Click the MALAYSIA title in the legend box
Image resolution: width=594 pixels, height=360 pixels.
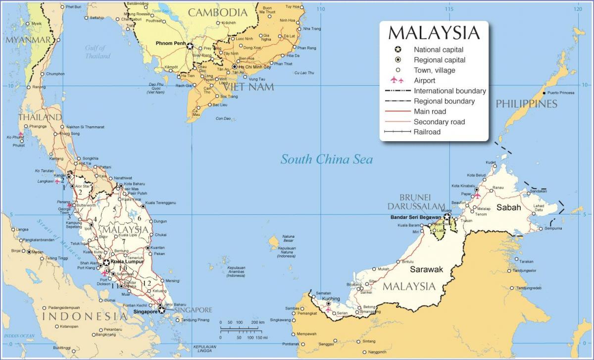(x=434, y=33)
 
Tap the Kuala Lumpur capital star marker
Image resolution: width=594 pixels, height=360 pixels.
(x=106, y=262)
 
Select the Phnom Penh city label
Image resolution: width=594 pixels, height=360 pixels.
(x=170, y=44)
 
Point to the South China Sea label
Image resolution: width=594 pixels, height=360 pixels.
(x=327, y=159)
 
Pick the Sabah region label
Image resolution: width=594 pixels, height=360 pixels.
(x=509, y=208)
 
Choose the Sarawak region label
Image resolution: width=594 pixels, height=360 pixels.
(x=426, y=269)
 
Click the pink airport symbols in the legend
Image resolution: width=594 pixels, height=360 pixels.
(x=397, y=80)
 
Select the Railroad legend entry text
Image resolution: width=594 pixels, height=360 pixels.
(x=427, y=132)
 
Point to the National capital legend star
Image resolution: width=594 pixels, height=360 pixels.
(x=397, y=50)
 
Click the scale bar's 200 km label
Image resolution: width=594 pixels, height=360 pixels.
(x=258, y=322)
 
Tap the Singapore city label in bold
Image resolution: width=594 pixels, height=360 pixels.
(x=146, y=312)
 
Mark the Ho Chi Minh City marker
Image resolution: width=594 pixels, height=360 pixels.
(x=234, y=66)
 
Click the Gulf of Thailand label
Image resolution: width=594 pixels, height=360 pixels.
(x=97, y=52)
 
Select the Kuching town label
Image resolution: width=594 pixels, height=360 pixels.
(x=331, y=299)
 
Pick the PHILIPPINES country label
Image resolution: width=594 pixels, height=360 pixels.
(x=527, y=104)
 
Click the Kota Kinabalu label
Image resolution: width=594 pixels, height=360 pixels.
(x=463, y=186)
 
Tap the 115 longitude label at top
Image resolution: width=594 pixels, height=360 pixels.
(x=449, y=9)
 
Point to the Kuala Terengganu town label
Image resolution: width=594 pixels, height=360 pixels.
(x=161, y=203)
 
